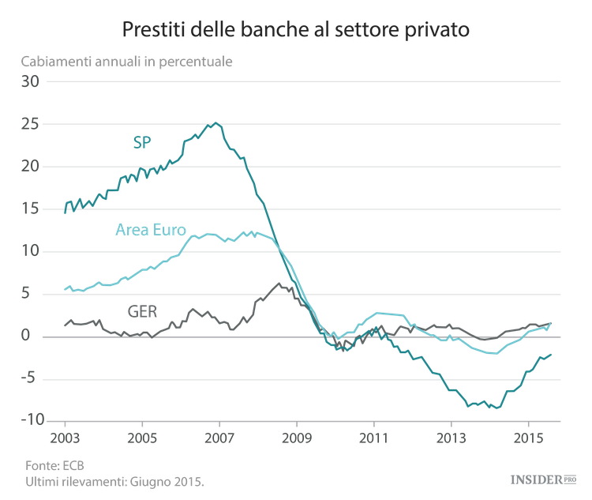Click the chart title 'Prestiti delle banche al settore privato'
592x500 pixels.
(x=296, y=30)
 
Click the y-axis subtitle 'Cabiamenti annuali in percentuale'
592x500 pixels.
(x=127, y=62)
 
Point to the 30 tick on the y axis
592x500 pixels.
(x=29, y=81)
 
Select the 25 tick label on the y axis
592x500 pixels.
(x=29, y=124)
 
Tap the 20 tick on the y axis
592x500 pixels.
(x=29, y=167)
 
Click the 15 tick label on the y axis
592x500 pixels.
(x=29, y=209)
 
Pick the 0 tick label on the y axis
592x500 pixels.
(x=34, y=336)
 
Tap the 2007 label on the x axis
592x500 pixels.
(x=219, y=438)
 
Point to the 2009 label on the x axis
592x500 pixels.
(x=296, y=438)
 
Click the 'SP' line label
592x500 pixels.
(x=141, y=143)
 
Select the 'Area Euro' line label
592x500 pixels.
(x=151, y=231)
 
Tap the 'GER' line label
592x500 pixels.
(x=143, y=310)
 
